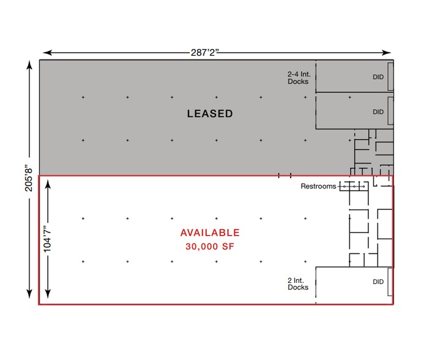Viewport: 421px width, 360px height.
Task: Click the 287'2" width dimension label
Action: click(x=204, y=53)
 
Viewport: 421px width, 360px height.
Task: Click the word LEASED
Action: click(x=209, y=114)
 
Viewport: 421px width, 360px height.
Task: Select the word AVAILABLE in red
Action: click(x=209, y=233)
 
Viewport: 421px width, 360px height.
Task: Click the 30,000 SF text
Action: click(x=209, y=247)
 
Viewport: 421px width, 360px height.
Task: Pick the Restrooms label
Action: click(x=318, y=186)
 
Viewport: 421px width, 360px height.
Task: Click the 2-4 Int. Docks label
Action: click(x=298, y=77)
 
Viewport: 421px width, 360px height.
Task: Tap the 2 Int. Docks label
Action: click(x=298, y=283)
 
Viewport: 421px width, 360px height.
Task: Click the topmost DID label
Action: click(x=378, y=77)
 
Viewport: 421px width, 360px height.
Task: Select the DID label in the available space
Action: click(x=378, y=282)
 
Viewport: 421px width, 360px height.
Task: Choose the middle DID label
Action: click(x=378, y=112)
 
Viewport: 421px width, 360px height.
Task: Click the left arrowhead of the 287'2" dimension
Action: click(x=45, y=53)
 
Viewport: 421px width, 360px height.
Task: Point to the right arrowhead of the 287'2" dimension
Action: click(x=390, y=53)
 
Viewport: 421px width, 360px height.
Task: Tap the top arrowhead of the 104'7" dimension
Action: click(x=48, y=182)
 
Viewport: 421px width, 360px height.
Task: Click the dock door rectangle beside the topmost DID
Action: click(x=390, y=76)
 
